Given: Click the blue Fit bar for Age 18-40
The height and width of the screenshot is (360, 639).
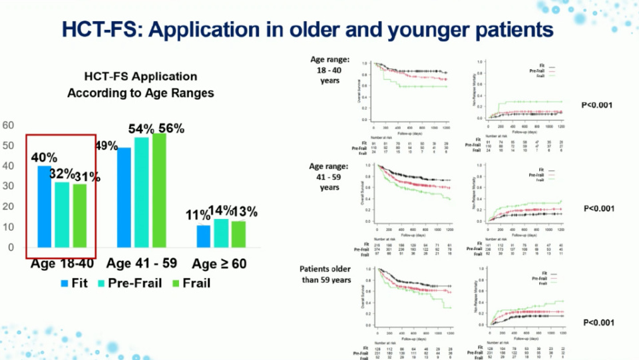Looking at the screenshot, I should click(x=44, y=206).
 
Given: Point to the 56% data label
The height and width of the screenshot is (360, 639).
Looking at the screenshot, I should click(x=171, y=129).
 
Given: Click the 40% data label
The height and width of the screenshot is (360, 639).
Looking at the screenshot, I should click(x=44, y=158).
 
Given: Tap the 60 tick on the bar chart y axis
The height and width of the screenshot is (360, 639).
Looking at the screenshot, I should click(x=9, y=125).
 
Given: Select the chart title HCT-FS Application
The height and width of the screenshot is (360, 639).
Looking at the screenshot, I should click(x=140, y=77).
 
